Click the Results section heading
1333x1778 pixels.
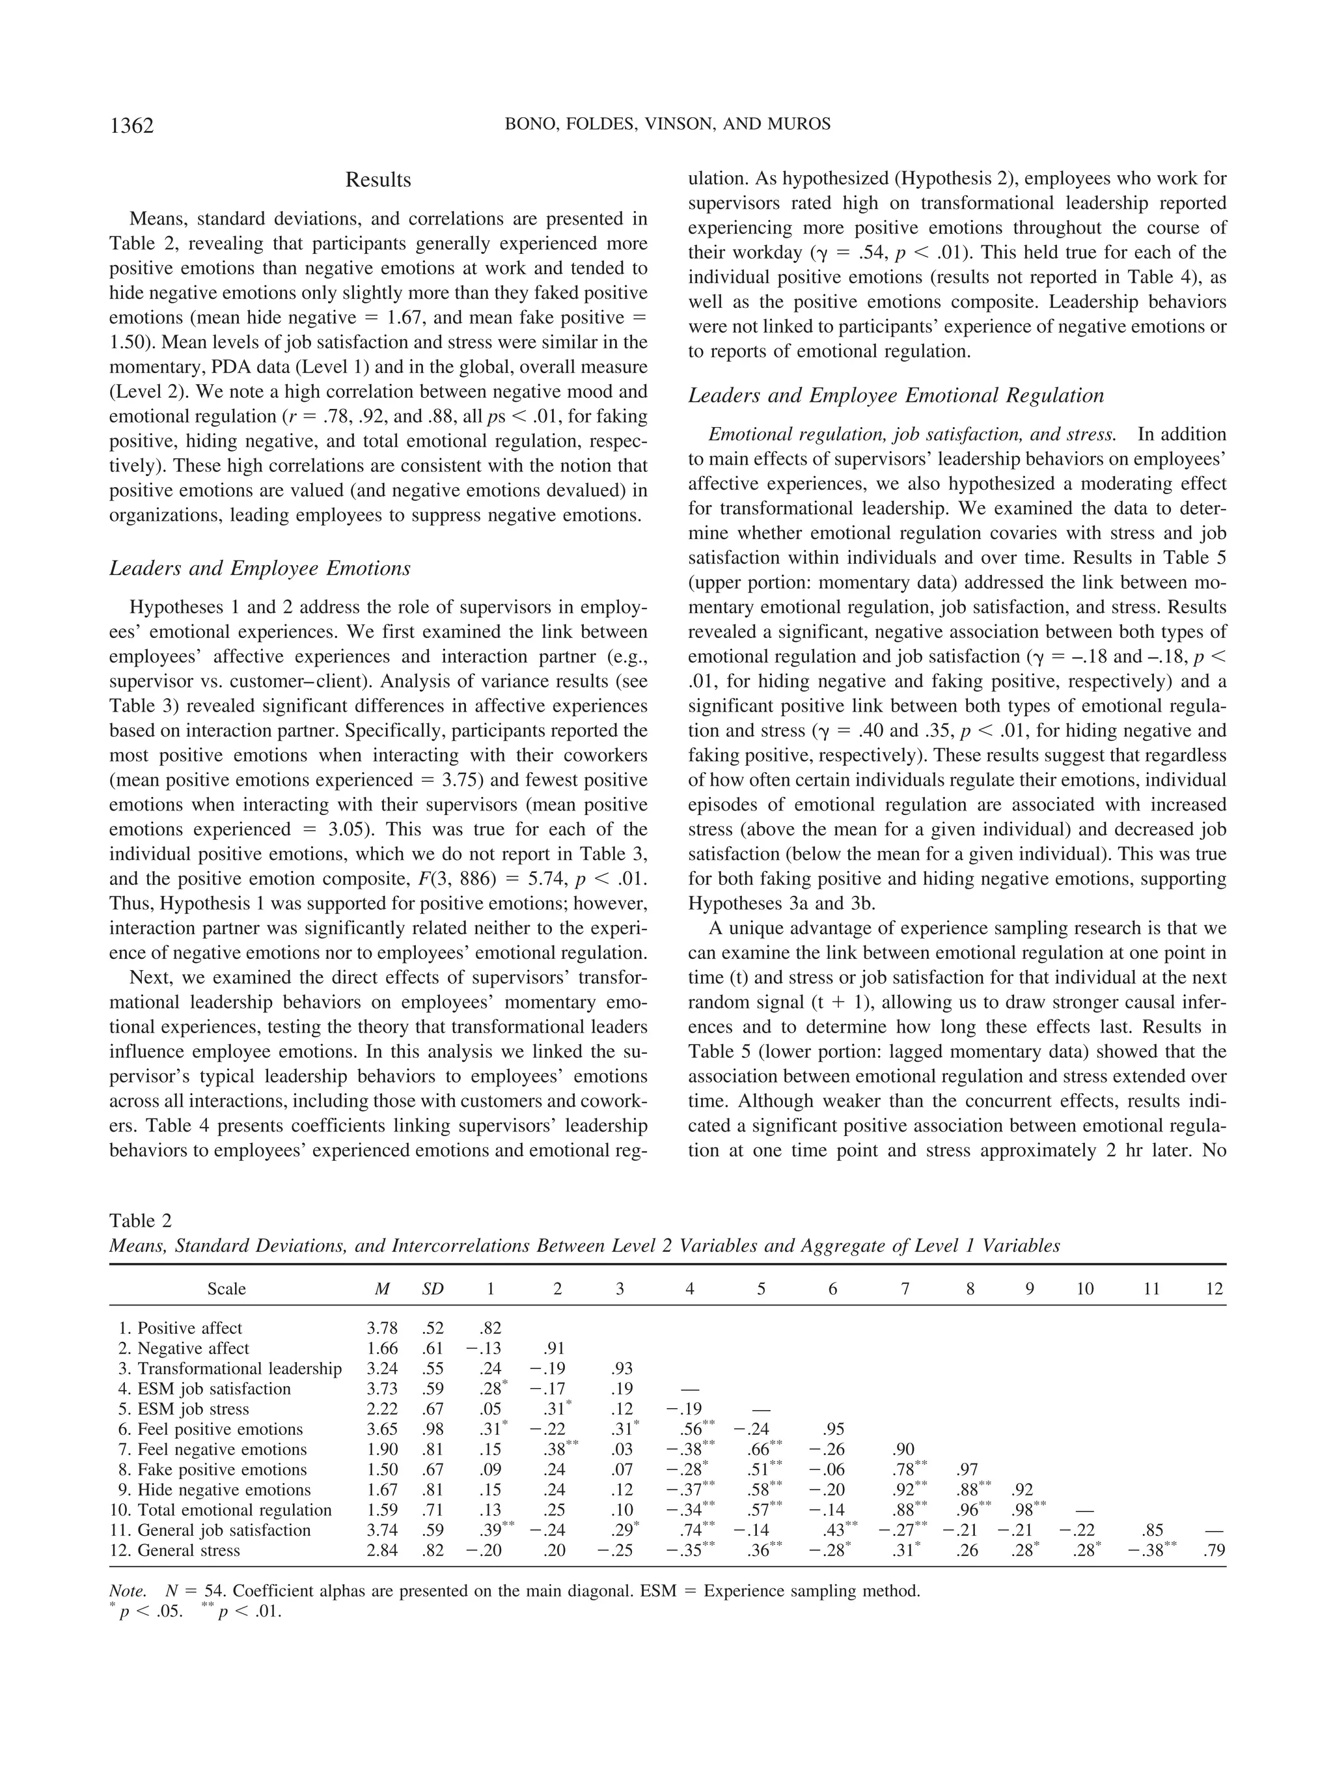(x=378, y=180)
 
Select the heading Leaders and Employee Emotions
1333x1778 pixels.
(x=260, y=568)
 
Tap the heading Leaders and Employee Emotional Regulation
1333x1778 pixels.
(x=896, y=395)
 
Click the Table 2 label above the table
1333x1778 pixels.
(x=141, y=1221)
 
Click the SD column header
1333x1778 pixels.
(x=432, y=1289)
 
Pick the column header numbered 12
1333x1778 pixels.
(x=1214, y=1289)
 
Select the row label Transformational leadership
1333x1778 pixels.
(x=239, y=1369)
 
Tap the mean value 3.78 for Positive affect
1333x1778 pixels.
(x=381, y=1329)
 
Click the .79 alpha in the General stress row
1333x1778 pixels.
(x=1214, y=1551)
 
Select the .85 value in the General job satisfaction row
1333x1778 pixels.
(x=1151, y=1531)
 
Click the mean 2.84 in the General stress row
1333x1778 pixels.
(x=381, y=1551)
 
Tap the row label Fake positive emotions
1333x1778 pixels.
(x=222, y=1470)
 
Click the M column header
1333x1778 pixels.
(x=383, y=1289)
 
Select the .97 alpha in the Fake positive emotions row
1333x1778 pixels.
(x=967, y=1470)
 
